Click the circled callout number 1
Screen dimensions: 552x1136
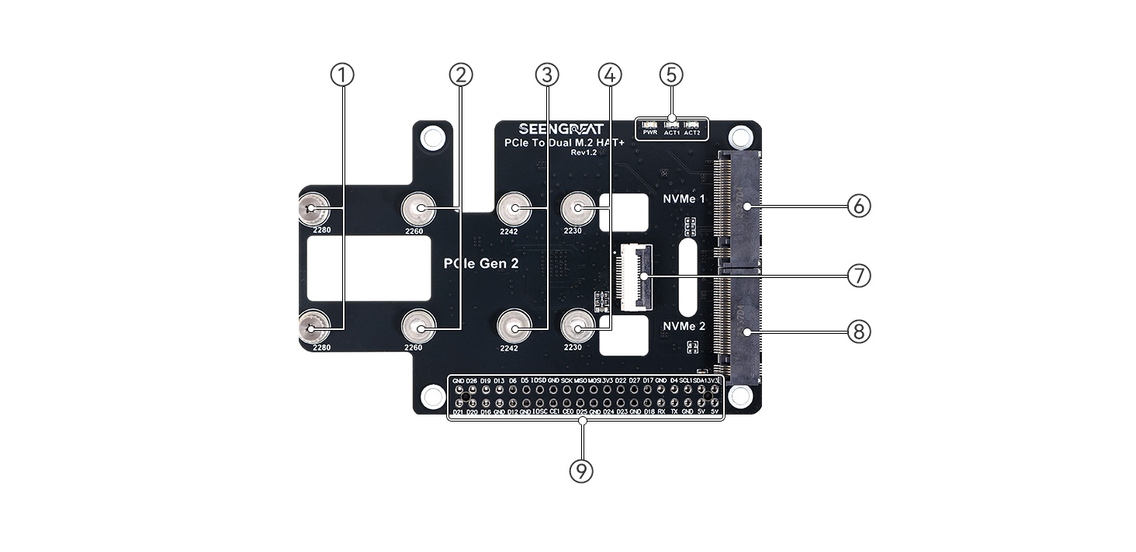point(342,75)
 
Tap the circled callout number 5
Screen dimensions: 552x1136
point(671,75)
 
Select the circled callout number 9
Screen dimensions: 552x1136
point(581,470)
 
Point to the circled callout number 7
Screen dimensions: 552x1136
point(859,276)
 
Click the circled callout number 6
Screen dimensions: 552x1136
point(859,207)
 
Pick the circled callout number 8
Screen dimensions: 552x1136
point(859,332)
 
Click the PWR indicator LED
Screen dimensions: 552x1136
point(650,125)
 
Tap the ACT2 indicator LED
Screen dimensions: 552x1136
point(692,125)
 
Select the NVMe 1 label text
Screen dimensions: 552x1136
point(684,199)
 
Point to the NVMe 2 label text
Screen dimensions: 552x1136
point(684,326)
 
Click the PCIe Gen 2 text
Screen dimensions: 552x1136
point(481,264)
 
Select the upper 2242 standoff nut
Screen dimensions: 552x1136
point(513,209)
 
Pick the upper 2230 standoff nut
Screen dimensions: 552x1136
point(578,208)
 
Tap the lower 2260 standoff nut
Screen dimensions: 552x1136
point(419,329)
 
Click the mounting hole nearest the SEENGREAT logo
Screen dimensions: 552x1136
point(433,138)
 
